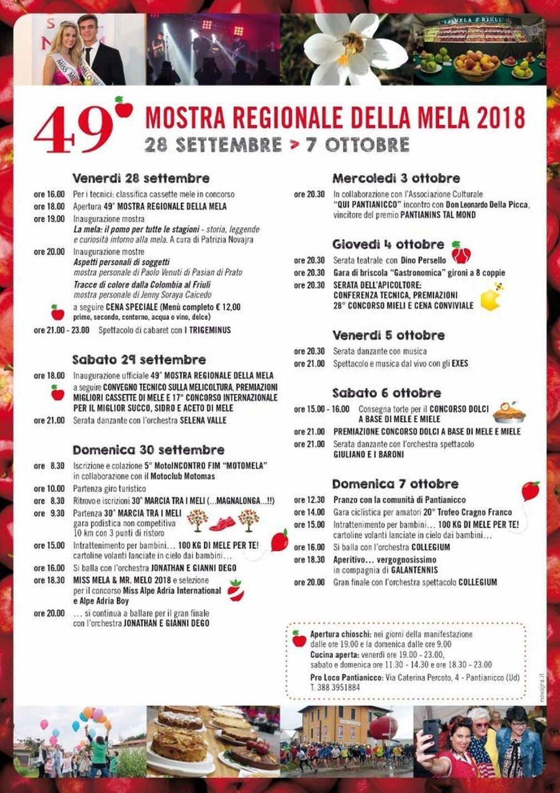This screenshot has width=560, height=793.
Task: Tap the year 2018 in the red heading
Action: point(503,117)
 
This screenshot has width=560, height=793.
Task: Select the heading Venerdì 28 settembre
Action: point(141,179)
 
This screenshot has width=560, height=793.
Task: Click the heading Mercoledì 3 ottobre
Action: point(396,179)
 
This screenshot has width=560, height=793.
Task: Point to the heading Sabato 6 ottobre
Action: point(387,393)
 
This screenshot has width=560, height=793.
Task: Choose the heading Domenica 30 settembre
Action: point(148,449)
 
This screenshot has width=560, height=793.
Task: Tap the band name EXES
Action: point(459,364)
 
